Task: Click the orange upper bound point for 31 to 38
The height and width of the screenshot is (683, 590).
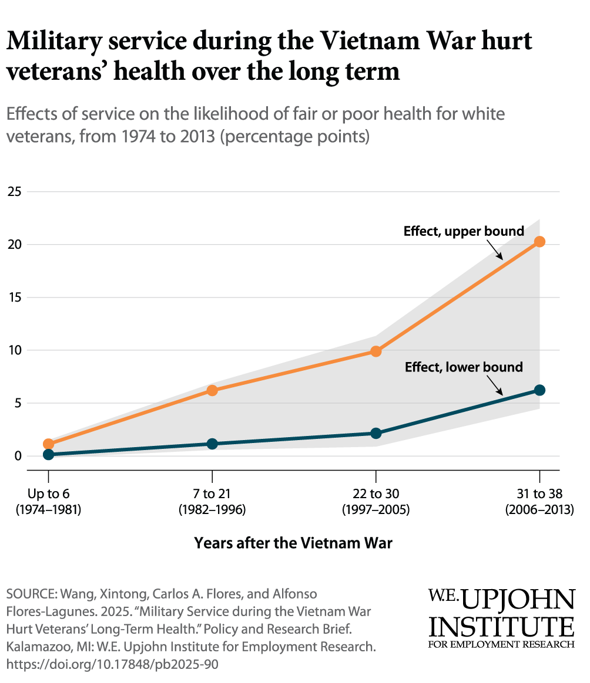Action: point(539,242)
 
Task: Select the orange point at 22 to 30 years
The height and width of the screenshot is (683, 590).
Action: point(376,351)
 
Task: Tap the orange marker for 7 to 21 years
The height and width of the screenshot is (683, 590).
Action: point(212,390)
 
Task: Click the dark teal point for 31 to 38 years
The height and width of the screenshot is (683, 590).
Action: point(539,390)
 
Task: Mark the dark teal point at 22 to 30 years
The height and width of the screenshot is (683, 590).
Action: point(376,433)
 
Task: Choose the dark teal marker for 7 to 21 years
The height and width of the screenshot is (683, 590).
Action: point(212,444)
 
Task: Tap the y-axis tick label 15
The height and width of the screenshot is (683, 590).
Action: point(14,297)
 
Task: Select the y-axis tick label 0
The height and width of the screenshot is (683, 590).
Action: point(17,456)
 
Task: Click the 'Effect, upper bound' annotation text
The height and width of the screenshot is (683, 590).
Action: point(464,231)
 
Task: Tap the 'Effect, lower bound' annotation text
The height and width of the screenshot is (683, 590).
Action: point(464,367)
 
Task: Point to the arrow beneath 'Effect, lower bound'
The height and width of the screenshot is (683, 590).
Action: point(495,386)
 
